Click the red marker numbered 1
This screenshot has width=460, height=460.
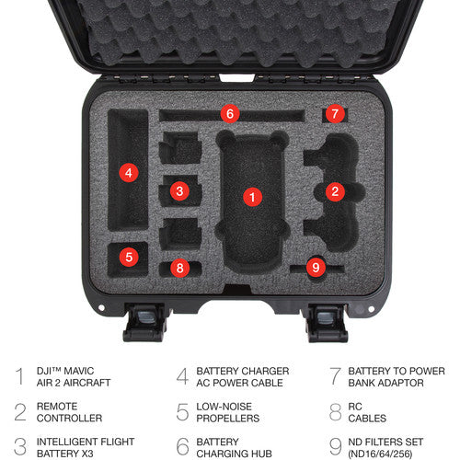tap(252, 197)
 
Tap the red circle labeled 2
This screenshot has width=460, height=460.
tap(335, 191)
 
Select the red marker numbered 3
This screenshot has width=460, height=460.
tap(179, 191)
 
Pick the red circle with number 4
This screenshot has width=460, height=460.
tap(129, 173)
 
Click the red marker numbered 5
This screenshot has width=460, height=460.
tap(129, 257)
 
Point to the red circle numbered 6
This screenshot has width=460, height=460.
tap(230, 114)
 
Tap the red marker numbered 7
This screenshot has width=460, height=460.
tap(335, 114)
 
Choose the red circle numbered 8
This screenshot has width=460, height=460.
tap(179, 268)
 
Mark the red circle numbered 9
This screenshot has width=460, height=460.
tap(316, 268)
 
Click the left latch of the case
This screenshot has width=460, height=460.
tap(144, 322)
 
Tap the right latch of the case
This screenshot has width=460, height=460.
tap(327, 322)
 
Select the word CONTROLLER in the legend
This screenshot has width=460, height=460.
tap(69, 419)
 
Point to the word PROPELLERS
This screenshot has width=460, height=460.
tap(228, 419)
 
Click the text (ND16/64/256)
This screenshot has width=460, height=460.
tap(380, 454)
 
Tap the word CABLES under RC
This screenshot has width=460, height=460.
tap(367, 419)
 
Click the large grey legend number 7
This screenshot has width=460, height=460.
tap(335, 376)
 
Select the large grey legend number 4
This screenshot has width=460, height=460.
tap(182, 376)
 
